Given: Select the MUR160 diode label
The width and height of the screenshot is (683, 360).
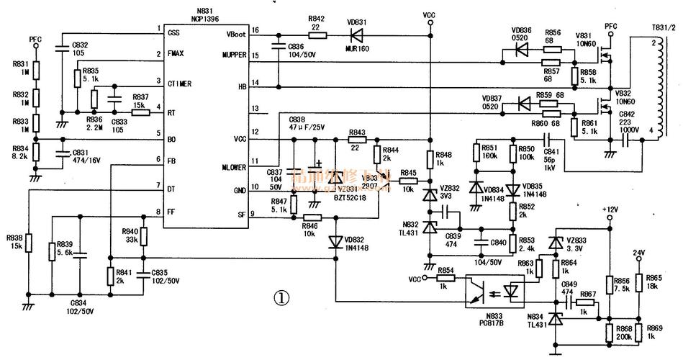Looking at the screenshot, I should [356, 49].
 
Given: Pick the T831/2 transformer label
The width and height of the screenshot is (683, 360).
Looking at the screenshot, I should [663, 28].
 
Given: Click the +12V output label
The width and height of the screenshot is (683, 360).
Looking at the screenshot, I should [610, 209].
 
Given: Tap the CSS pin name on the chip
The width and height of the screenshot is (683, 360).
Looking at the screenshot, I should [174, 32].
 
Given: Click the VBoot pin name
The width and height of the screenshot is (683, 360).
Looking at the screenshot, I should [237, 33].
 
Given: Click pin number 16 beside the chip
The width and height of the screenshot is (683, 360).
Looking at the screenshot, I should [255, 30].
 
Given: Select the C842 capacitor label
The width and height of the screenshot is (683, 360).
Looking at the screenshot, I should [626, 114].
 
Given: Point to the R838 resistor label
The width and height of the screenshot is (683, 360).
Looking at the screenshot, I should [14, 237].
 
